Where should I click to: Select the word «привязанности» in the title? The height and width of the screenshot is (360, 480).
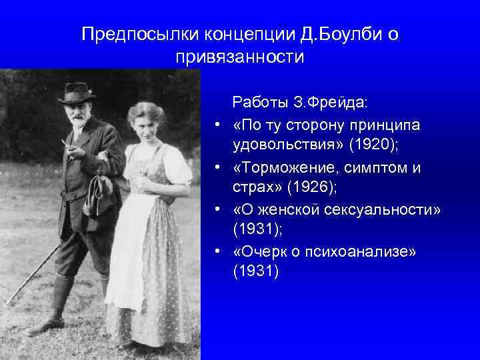tap(240, 57)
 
